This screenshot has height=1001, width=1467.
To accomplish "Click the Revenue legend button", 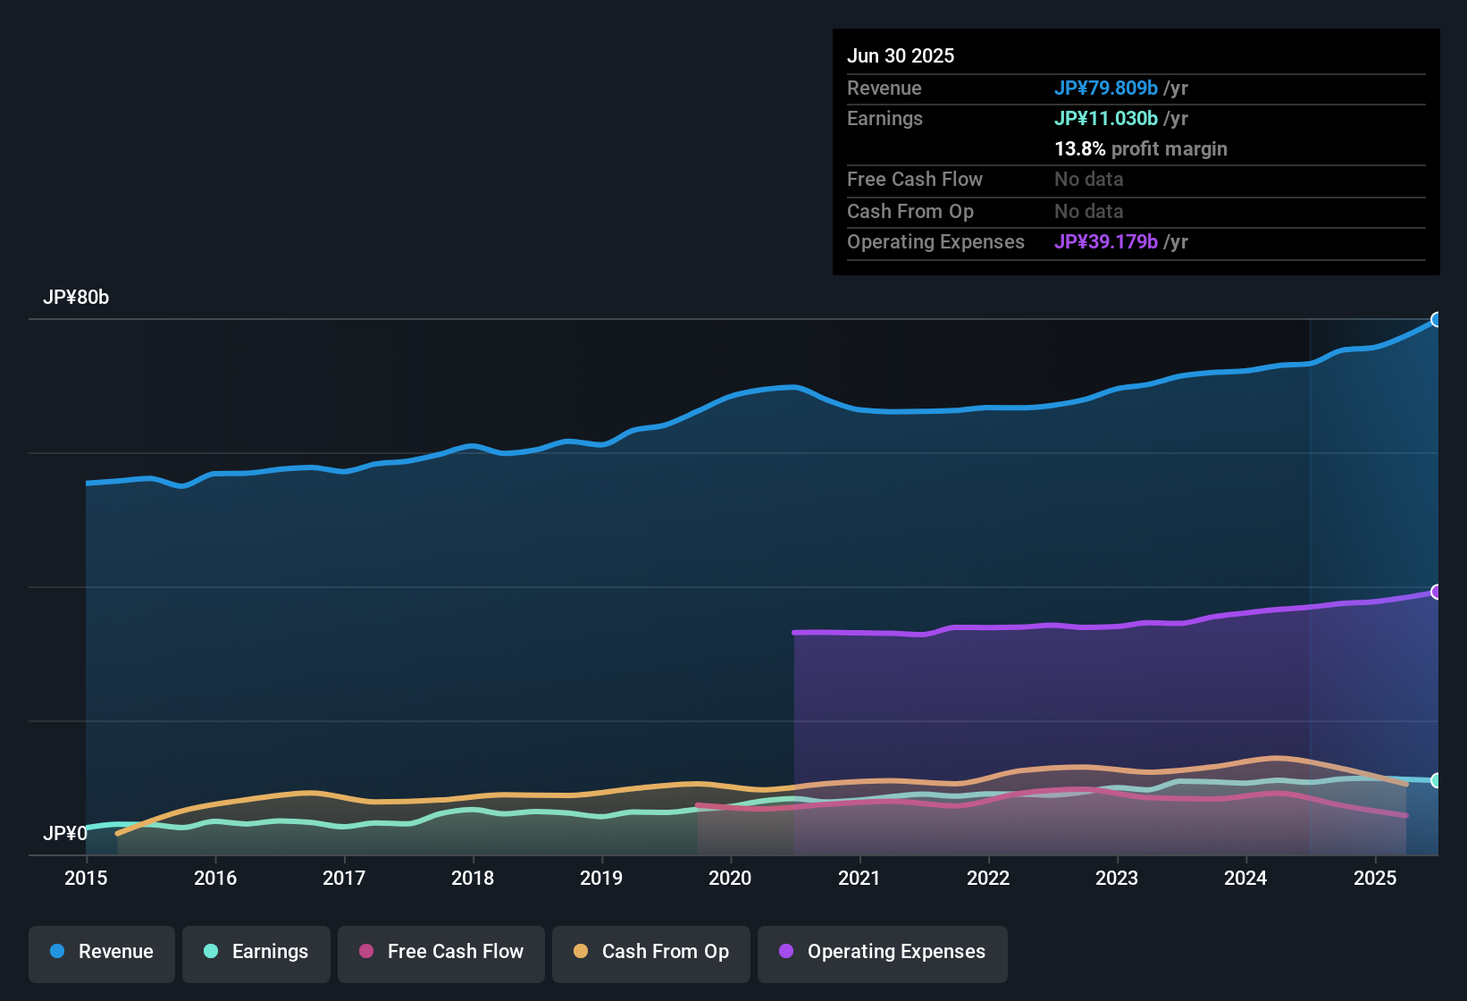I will [x=102, y=952].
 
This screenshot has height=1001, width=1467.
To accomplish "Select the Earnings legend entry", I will [x=256, y=952].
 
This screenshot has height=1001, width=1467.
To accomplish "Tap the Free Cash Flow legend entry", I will [x=441, y=952].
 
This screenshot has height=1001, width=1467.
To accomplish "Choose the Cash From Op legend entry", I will [x=651, y=952].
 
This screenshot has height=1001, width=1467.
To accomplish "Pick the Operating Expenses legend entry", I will [x=883, y=952].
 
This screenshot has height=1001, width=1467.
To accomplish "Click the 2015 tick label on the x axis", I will [x=86, y=879].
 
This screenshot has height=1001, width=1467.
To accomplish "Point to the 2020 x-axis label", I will [x=730, y=879].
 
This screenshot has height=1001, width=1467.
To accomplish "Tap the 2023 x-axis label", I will [x=1117, y=879].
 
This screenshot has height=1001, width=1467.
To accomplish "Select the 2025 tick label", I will [x=1374, y=879].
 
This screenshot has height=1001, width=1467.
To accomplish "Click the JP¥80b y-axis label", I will [x=76, y=298].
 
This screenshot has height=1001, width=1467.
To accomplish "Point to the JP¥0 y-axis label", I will [x=65, y=834].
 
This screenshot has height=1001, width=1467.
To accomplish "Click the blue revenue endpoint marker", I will [x=1437, y=320].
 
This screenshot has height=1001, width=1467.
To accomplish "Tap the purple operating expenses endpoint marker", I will [x=1437, y=592].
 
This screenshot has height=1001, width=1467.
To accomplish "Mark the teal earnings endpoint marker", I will [x=1437, y=780].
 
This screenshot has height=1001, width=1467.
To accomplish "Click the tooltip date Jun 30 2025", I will [x=901, y=56].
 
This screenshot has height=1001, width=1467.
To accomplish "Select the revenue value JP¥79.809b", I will [x=1106, y=88].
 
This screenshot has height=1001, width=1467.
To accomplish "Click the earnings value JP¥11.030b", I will [x=1106, y=119].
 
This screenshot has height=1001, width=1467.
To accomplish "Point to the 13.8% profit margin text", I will [x=1141, y=149].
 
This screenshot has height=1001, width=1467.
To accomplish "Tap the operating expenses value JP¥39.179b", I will [x=1106, y=242].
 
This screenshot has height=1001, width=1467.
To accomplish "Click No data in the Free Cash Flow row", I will [x=1089, y=180].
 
